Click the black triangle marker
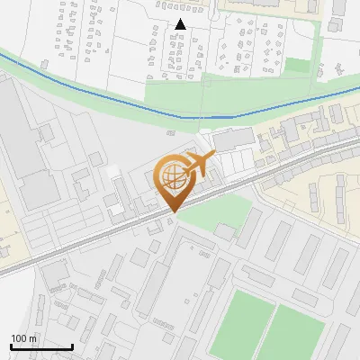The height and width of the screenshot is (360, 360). (181, 24)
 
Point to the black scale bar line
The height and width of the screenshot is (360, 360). (41, 346)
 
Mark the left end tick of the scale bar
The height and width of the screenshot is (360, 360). (11, 345)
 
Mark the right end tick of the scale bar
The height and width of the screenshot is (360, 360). (72, 345)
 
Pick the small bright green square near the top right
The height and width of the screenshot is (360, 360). (297, 65)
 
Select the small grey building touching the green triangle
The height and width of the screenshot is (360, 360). (223, 231)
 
